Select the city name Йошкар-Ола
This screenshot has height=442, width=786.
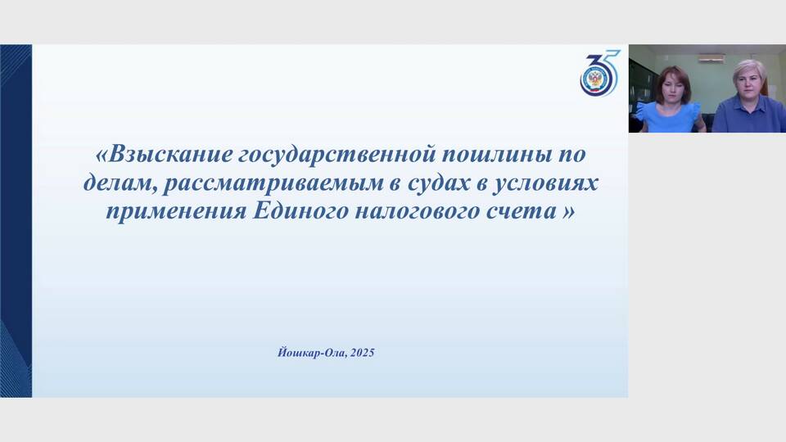pyautogui.click(x=311, y=353)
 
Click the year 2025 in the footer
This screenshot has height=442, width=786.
pyautogui.click(x=363, y=353)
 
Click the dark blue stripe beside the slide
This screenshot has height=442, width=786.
pyautogui.click(x=16, y=221)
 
